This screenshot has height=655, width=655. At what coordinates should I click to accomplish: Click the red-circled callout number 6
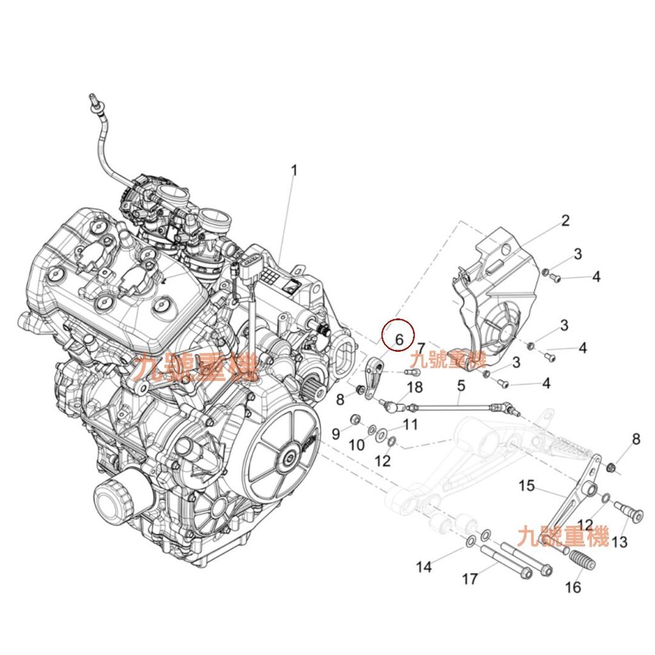[x=399, y=339]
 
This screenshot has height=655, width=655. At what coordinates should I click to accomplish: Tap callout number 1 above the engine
[x=294, y=171]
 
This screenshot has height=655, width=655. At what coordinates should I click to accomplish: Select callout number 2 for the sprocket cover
[x=565, y=221]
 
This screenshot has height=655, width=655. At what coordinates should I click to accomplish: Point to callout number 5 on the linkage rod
[x=460, y=386]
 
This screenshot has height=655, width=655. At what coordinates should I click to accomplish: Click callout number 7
[x=421, y=348]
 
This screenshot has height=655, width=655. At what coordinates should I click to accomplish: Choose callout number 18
[x=414, y=387]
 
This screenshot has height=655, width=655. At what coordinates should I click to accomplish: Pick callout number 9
[x=335, y=434]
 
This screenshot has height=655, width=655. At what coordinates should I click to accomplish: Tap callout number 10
[x=357, y=444]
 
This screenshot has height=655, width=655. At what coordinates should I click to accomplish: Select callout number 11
[x=410, y=423]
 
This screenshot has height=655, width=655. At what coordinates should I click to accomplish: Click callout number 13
[x=619, y=542]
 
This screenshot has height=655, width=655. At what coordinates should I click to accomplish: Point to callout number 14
[x=424, y=566]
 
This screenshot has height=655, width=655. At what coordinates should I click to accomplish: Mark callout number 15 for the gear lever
[x=526, y=486]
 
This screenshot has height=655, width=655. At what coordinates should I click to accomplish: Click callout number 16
[x=573, y=586]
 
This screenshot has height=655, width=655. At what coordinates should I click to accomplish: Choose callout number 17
[x=470, y=579]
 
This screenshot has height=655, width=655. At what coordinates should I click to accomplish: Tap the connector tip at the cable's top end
[x=93, y=100]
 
